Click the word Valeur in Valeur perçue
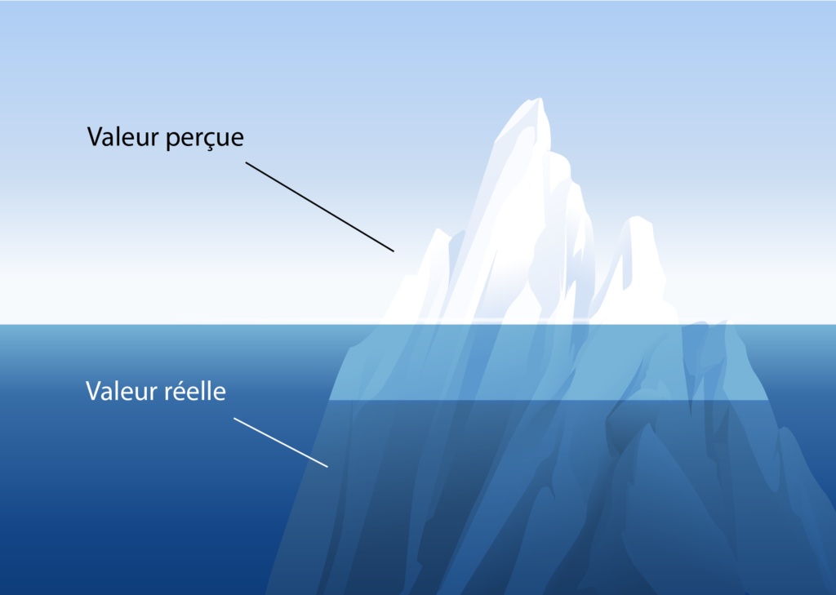tap(123, 137)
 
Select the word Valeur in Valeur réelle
tap(122, 391)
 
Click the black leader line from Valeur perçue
tap(320, 206)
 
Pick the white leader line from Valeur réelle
tap(281, 442)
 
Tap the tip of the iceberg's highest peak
tap(540, 99)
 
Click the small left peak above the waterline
tap(438, 230)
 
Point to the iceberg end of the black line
tap(394, 251)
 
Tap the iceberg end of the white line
tap(327, 467)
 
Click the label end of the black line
tap(246, 162)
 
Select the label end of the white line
tap(234, 418)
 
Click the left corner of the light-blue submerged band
tap(330, 399)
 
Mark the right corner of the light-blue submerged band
tap(768, 399)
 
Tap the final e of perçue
tap(238, 140)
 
